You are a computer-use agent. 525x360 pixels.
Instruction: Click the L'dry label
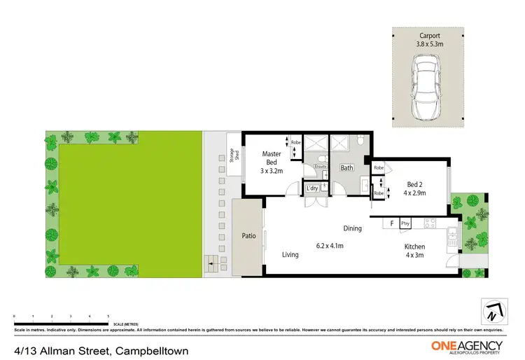[x=312, y=188]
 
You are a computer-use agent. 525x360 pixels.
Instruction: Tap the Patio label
[x=248, y=236]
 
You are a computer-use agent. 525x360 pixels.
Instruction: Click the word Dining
[x=352, y=228]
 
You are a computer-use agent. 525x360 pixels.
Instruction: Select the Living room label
[x=290, y=254]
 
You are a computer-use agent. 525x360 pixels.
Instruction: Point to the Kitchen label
[x=416, y=247]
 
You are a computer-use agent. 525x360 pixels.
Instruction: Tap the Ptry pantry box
[x=406, y=223]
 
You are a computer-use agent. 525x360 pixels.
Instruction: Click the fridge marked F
[x=391, y=223]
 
